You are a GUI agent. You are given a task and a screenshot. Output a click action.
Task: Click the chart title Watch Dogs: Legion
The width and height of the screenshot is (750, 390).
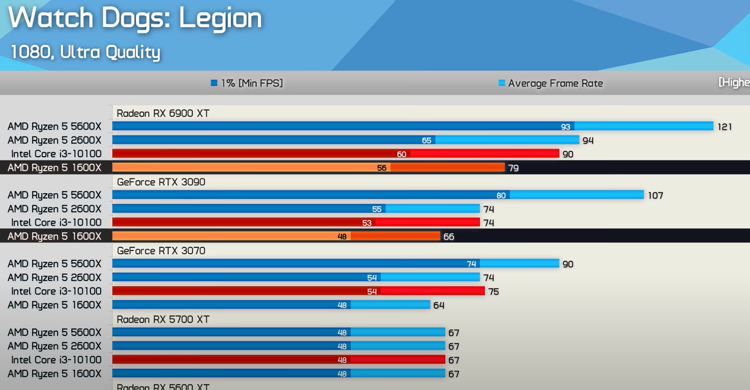pos(135,18)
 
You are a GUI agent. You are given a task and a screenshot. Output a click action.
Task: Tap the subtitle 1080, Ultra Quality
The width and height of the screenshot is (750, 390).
pos(85,52)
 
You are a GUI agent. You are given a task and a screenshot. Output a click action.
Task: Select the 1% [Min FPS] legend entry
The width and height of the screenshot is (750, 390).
pos(247,83)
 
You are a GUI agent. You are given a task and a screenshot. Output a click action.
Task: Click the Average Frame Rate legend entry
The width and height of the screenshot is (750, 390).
pos(551,83)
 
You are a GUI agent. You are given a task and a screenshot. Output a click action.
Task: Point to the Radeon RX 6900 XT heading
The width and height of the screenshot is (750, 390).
pos(163,114)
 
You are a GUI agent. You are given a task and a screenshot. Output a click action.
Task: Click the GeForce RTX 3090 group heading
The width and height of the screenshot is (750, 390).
pos(161,182)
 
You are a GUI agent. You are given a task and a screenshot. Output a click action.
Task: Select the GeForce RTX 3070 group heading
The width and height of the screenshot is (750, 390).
pos(161,251)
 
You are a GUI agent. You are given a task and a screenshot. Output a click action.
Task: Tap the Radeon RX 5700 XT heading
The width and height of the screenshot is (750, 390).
pos(163,319)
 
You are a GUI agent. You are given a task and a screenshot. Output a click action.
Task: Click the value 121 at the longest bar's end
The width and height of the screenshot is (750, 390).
pos(724,127)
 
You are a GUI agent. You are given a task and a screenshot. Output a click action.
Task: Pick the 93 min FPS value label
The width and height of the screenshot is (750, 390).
pos(565,127)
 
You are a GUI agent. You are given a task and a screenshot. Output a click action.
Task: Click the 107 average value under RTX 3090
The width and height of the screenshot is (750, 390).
pos(655,196)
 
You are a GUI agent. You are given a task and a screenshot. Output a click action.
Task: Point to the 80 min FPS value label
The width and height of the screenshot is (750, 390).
pos(501,196)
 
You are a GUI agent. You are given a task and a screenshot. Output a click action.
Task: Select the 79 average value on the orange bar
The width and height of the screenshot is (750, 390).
pos(513,168)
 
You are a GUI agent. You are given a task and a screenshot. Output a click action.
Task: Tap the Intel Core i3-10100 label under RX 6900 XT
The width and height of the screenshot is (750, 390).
pos(56,154)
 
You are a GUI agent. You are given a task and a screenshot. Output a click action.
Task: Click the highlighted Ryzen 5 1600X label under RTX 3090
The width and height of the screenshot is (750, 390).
pos(55,237)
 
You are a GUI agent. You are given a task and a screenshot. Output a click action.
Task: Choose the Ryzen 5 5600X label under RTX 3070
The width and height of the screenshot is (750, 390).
pos(55,264)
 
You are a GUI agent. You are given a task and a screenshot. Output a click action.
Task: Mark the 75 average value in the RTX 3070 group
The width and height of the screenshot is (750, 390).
pos(493,292)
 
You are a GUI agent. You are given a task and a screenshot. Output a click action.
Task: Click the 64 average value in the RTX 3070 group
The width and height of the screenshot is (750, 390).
pos(439,305)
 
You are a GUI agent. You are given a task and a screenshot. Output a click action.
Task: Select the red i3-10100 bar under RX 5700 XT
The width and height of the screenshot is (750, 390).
pos(278,360)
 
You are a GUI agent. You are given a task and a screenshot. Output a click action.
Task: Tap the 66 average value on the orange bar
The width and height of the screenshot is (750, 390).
pos(448,237)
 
